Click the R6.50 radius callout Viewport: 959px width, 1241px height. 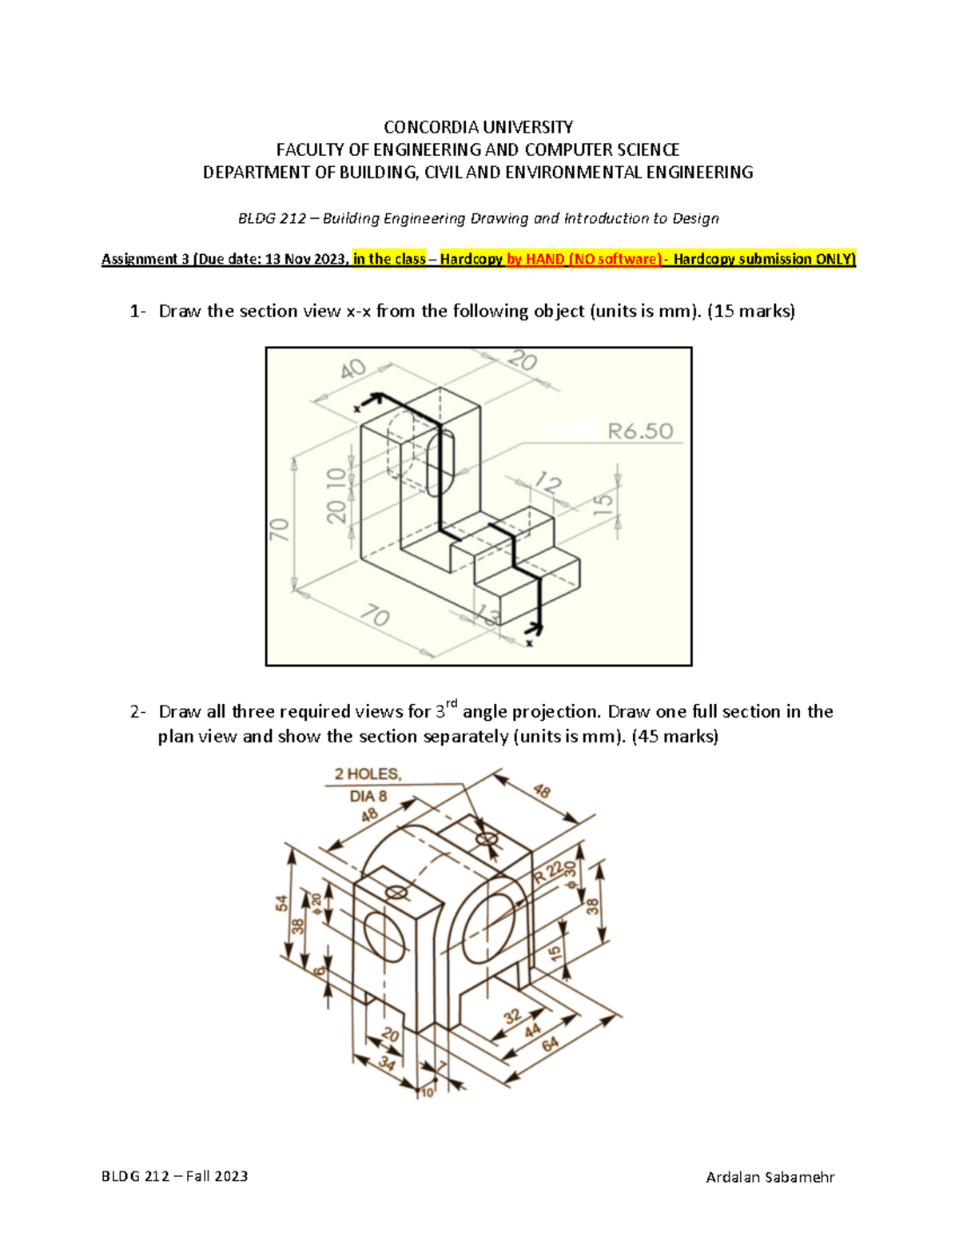tap(640, 432)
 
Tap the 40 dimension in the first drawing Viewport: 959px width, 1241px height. tap(352, 369)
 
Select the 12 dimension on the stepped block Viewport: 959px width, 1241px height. tap(548, 483)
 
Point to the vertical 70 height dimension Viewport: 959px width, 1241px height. tap(280, 529)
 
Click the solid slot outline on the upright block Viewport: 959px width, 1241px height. tap(440, 463)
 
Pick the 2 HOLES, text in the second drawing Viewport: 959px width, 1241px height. tap(368, 774)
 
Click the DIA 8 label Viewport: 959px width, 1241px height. tap(368, 796)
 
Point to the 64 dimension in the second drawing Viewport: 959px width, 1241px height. tap(551, 1044)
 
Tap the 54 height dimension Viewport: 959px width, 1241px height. tap(282, 903)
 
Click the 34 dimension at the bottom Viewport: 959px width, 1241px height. tap(387, 1064)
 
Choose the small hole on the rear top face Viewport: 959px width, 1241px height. tap(487, 839)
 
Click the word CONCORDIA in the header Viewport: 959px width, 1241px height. tap(420, 127)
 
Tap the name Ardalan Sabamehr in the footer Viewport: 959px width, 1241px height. tap(770, 1176)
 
